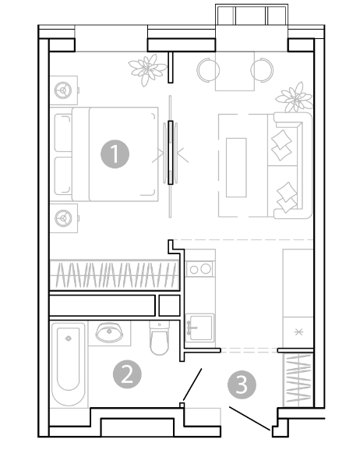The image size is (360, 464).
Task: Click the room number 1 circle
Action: [115, 154]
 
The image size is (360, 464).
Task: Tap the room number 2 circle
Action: [127, 374]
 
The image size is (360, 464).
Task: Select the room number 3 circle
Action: [242, 385]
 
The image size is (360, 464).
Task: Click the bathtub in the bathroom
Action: [69, 364]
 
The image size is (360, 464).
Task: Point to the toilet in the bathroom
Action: [159, 338]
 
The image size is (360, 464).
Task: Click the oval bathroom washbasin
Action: [109, 332]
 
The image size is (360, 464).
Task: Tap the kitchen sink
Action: [200, 328]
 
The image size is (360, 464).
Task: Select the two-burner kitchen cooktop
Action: [199, 269]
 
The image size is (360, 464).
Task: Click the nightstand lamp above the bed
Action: [63, 90]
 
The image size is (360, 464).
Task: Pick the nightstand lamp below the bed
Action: [63, 218]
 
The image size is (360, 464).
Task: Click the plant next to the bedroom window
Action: [147, 69]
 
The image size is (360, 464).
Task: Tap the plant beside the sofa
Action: [294, 97]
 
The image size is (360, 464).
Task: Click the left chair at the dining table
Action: [207, 70]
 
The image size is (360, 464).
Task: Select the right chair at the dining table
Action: [263, 70]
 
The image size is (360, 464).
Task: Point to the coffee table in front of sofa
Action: [236, 168]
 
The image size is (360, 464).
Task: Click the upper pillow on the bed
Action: [63, 133]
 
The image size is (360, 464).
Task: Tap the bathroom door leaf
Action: [192, 384]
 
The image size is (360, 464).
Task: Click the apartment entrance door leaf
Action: [249, 419]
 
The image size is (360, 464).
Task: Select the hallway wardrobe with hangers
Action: [298, 380]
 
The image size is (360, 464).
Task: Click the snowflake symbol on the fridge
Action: [298, 332]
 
